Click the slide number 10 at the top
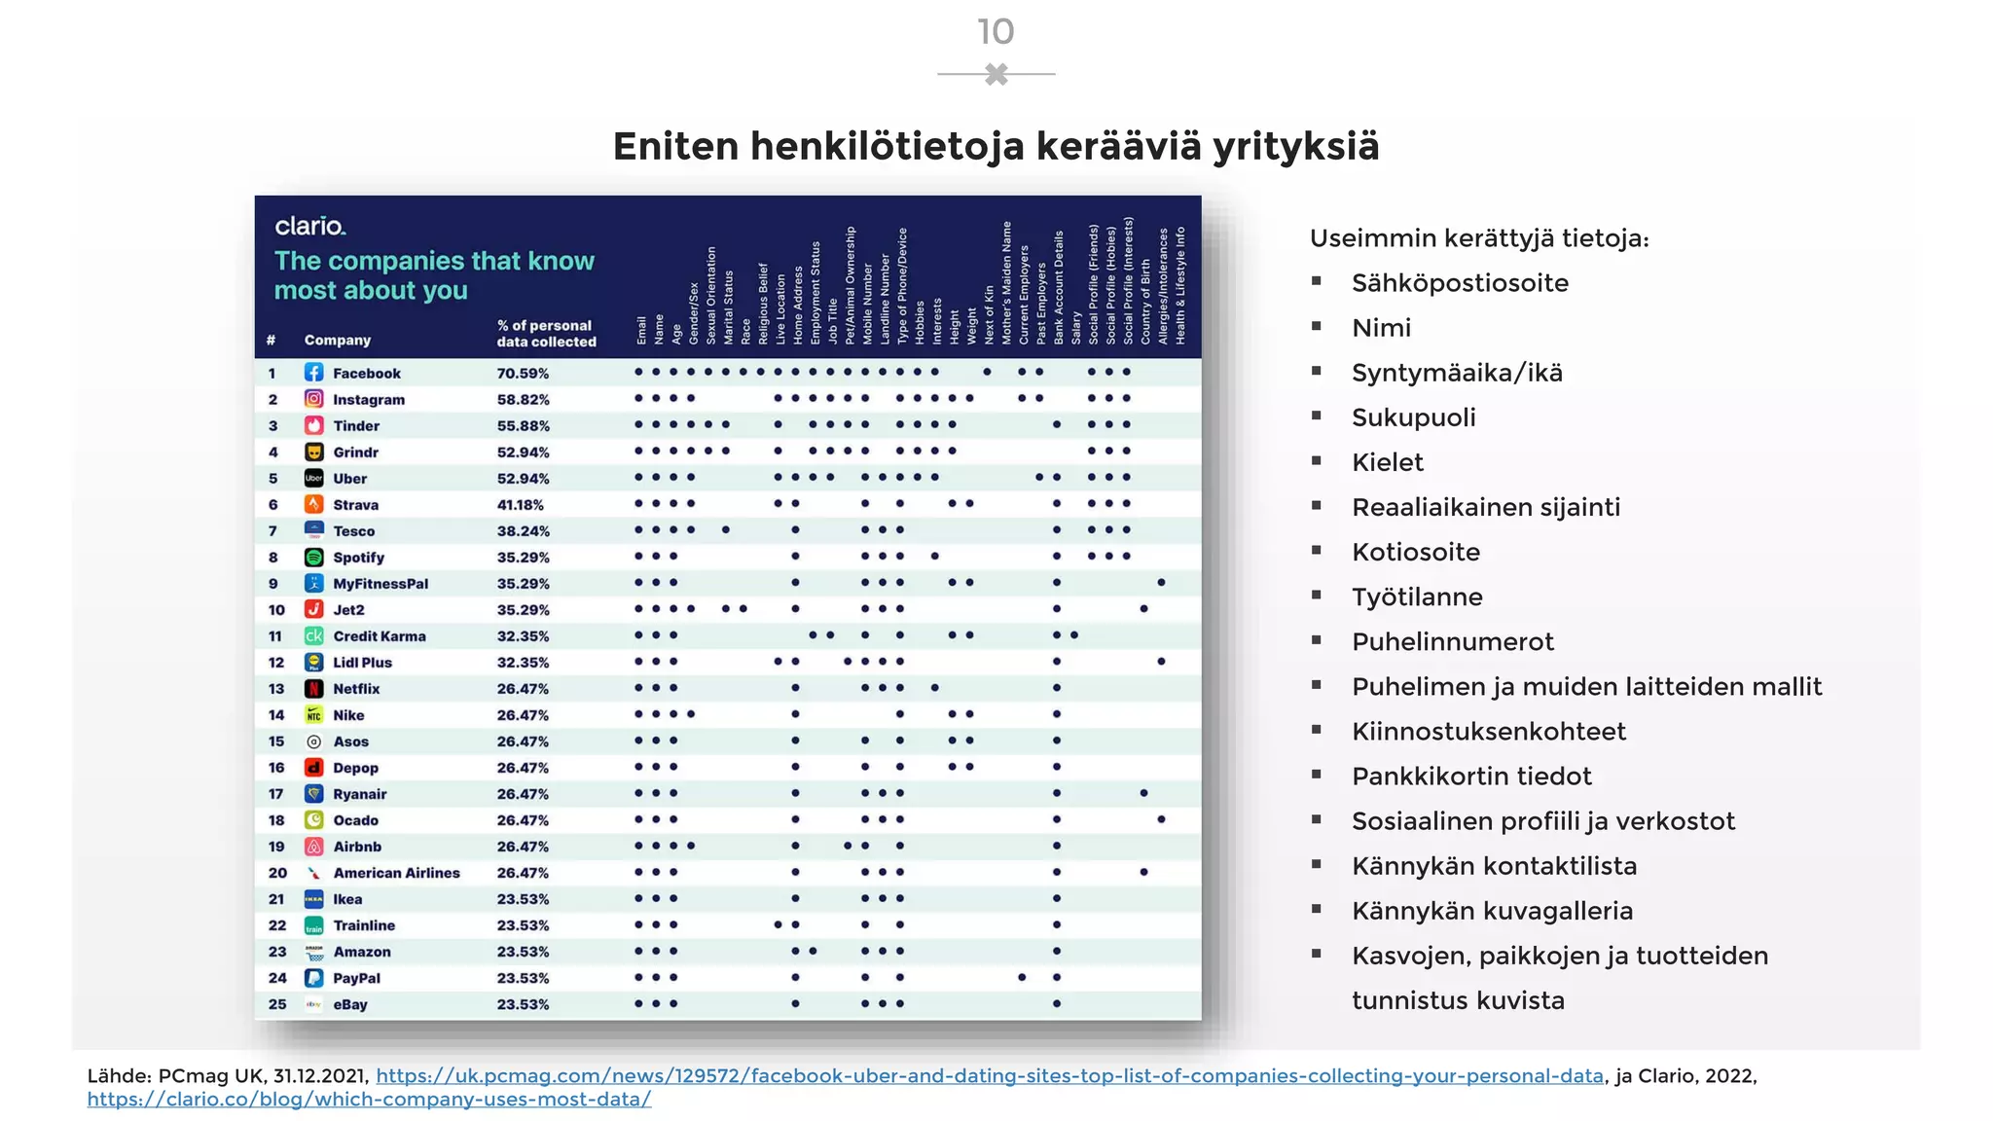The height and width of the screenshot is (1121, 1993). (x=996, y=32)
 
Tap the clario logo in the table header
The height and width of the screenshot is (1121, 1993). (x=309, y=226)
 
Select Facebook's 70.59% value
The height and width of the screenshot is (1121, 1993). (x=523, y=374)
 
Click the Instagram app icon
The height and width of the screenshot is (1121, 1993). (x=313, y=399)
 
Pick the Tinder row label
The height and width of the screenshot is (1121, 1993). (x=356, y=426)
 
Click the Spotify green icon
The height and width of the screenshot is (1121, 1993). (x=313, y=558)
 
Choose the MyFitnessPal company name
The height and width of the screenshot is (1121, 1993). (x=380, y=584)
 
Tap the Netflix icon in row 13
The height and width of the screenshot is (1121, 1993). (x=313, y=689)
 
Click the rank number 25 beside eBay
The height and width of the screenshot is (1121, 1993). (x=277, y=1004)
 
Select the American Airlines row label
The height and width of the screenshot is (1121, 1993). (x=396, y=873)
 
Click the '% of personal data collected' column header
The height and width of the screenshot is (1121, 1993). (x=545, y=334)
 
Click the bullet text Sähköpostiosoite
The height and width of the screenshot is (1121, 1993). (x=1460, y=283)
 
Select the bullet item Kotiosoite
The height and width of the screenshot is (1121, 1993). (x=1416, y=552)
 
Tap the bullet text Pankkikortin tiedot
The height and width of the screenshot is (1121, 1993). (x=1471, y=777)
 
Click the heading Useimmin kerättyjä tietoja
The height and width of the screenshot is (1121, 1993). (x=1479, y=238)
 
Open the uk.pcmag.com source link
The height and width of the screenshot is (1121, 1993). (x=990, y=1076)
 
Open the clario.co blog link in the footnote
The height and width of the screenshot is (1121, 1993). (x=369, y=1100)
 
